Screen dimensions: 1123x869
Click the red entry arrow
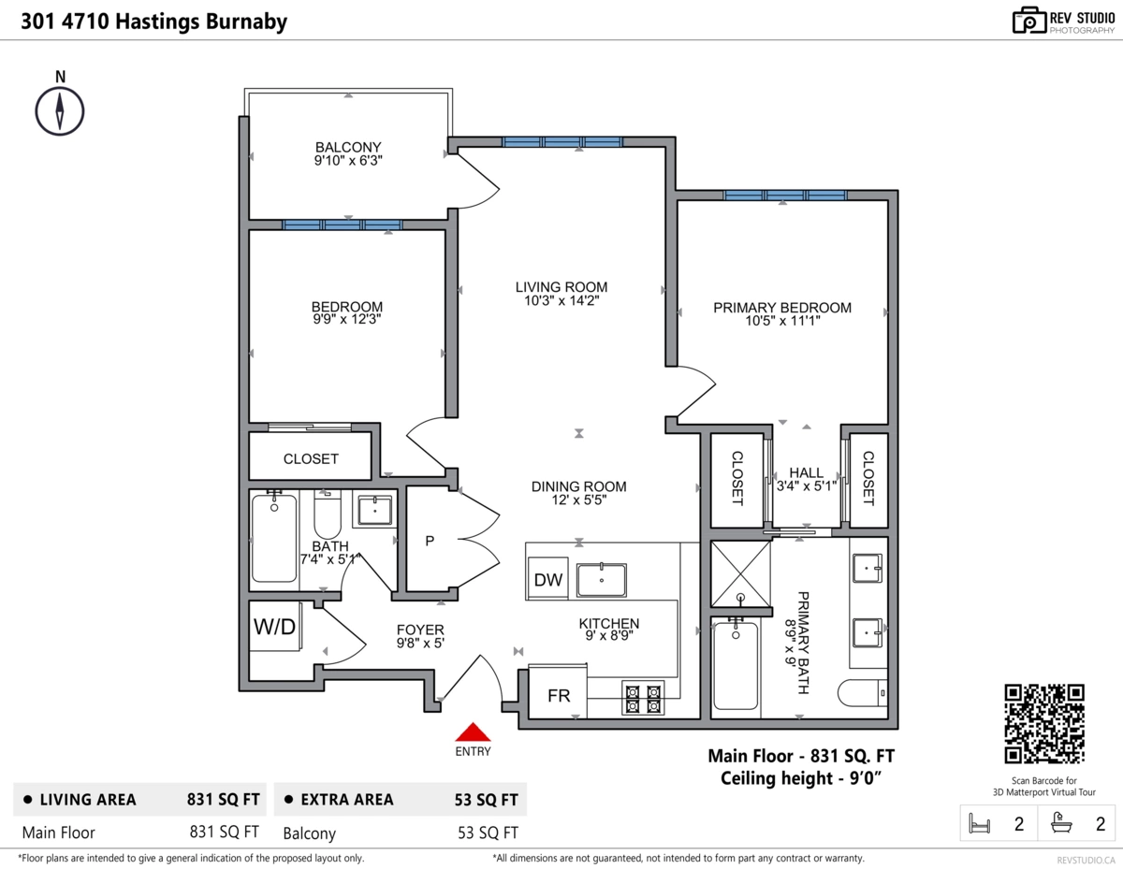tap(473, 732)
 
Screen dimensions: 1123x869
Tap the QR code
tap(1044, 723)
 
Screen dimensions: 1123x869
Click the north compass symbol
tap(60, 111)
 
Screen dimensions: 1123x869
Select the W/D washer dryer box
tap(275, 627)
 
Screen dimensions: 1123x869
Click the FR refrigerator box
tap(558, 692)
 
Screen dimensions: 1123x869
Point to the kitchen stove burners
tap(643, 699)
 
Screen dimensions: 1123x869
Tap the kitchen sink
tap(602, 580)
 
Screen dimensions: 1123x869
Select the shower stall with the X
tap(740, 573)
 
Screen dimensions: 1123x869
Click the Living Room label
tap(561, 287)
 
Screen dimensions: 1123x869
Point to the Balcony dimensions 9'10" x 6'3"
tap(348, 161)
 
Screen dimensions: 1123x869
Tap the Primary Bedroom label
tap(782, 308)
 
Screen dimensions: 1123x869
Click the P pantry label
tap(430, 541)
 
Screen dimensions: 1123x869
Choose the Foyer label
tap(420, 630)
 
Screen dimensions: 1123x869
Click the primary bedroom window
tap(785, 196)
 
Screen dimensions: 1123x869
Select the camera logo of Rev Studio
tap(1028, 21)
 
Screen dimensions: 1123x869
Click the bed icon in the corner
tap(979, 823)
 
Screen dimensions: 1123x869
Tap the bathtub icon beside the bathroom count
tap(1061, 822)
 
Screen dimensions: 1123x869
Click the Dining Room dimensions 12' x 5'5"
tap(578, 500)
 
